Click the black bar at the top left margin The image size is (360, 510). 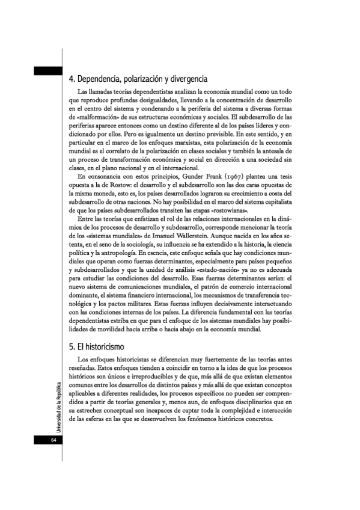48,71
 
